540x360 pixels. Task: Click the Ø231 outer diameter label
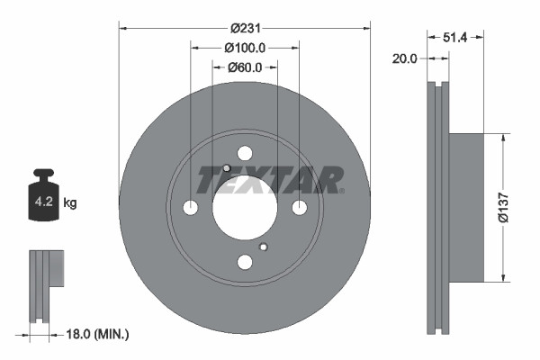pos(244,28)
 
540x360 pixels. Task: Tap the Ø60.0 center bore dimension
pos(244,67)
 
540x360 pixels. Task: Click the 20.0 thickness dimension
pos(406,58)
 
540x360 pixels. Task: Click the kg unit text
pos(70,203)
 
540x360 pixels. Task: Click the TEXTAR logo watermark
pos(270,179)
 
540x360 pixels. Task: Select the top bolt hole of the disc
pos(245,154)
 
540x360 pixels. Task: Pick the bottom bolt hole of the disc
pos(245,262)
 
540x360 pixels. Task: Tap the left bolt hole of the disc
pos(191,208)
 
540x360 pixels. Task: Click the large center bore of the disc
pos(245,208)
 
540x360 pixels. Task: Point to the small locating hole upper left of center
pos(227,169)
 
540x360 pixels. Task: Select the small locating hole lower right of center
pos(263,247)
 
